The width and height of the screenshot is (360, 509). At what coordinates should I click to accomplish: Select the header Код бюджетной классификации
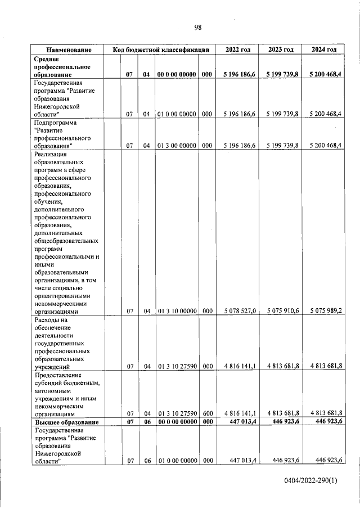(x=161, y=49)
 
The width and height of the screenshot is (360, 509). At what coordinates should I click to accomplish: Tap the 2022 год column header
(x=238, y=49)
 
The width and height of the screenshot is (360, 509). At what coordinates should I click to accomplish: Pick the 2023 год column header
(x=281, y=49)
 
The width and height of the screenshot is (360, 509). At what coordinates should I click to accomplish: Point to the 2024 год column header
(x=324, y=49)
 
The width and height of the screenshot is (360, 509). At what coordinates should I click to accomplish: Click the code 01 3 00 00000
(x=177, y=145)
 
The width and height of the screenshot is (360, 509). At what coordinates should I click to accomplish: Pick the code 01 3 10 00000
(x=177, y=310)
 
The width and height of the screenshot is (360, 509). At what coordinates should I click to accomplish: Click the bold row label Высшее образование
(x=67, y=422)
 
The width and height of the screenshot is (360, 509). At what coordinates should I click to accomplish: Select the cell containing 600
(x=206, y=413)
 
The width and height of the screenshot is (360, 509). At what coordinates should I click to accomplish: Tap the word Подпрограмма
(x=56, y=122)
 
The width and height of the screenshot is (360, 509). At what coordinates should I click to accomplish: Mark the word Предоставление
(x=58, y=375)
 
